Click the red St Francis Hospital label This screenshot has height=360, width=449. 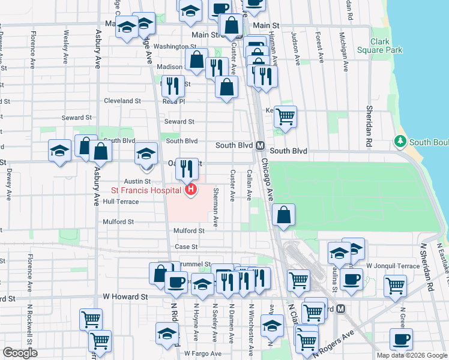pos(146,191)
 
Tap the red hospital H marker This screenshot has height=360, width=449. pos(191,191)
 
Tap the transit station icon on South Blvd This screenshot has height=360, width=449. pos(261,146)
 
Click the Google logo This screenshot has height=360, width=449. pos(20,353)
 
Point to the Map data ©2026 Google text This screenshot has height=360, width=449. pos(412,355)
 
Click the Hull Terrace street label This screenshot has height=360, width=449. pos(121,202)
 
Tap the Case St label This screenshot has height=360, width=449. pos(186,247)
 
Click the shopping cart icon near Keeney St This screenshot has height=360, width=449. pos(286,116)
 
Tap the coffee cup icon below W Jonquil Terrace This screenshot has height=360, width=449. pos(351,278)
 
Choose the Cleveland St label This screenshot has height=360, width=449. pos(122,101)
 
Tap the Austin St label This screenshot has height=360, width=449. pos(137,181)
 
